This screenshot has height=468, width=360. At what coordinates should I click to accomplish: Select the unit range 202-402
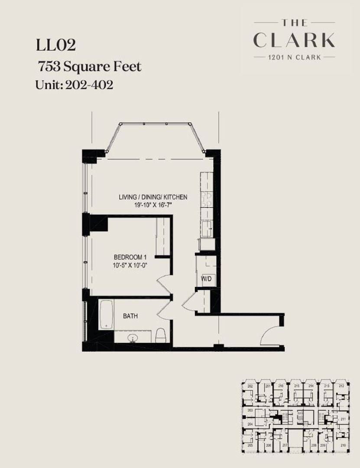click(89, 84)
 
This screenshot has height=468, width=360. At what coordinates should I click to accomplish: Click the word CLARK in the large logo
click(294, 40)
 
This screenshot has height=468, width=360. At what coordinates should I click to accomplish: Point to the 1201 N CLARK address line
click(294, 57)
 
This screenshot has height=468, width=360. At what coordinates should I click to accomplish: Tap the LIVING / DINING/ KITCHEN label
click(153, 197)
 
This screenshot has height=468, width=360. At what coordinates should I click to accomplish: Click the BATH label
click(130, 316)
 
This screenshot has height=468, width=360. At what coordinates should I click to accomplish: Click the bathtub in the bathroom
click(105, 315)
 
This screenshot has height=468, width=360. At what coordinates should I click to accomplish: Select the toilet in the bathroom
click(160, 335)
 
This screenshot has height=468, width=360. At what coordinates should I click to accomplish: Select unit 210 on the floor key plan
click(343, 445)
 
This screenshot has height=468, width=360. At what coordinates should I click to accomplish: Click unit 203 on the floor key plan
click(250, 409)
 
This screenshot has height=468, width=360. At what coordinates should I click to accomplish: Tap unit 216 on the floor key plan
click(281, 386)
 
